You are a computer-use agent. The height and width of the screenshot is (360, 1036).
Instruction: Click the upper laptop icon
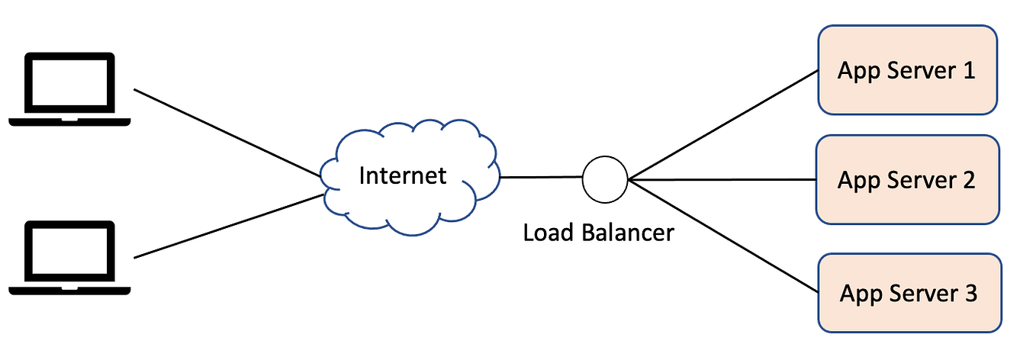tap(69, 88)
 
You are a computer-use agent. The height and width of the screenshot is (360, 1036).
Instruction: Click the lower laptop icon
tap(69, 257)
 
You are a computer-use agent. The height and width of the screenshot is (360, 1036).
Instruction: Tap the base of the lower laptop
tap(69, 289)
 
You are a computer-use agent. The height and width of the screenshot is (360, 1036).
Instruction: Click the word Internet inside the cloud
tap(402, 175)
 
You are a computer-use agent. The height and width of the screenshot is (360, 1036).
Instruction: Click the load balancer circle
tap(604, 180)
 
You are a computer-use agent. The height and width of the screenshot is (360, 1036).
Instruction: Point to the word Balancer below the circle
tap(628, 232)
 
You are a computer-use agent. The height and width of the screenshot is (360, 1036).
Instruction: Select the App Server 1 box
tap(907, 70)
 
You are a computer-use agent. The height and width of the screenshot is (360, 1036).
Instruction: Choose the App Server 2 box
tap(907, 180)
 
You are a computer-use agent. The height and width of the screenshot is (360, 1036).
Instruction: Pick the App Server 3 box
tap(909, 294)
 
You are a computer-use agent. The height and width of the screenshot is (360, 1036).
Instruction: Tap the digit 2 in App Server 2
tap(968, 181)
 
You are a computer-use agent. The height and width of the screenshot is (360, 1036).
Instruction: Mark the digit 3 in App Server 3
tap(970, 294)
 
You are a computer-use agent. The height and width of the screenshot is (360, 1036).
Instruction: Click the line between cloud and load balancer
tap(540, 178)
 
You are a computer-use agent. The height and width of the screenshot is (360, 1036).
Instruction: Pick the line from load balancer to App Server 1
tap(722, 126)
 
